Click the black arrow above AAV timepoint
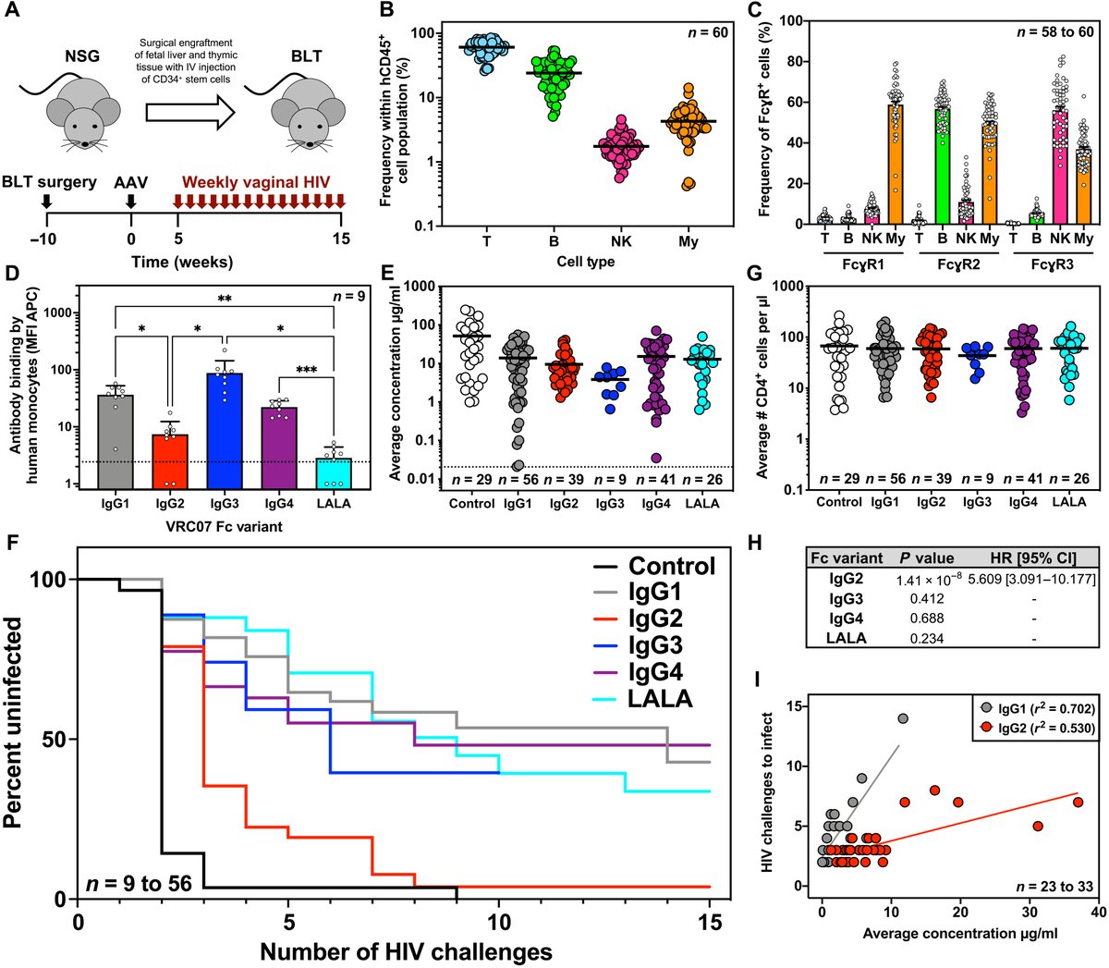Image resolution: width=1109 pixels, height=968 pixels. point(131,200)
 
